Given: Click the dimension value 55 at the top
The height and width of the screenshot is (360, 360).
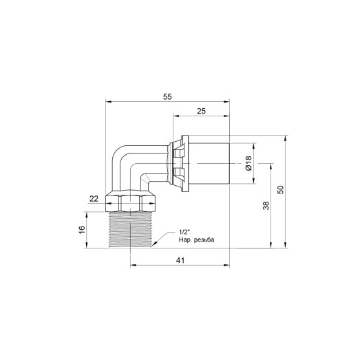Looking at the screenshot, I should [x=167, y=97].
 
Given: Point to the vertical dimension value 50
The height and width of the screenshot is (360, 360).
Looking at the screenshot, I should [x=279, y=191].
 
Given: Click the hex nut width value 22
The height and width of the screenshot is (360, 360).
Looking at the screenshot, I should [x=94, y=199].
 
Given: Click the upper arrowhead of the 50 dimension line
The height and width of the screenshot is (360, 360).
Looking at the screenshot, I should [x=284, y=137].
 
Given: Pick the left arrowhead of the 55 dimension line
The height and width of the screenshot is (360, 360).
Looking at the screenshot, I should [x=109, y=103].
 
